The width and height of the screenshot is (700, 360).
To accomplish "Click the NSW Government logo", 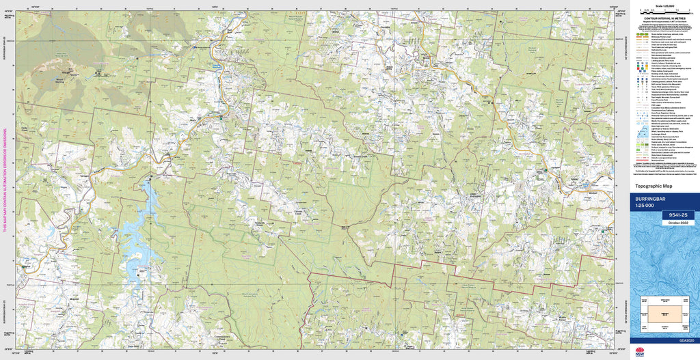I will [639, 351].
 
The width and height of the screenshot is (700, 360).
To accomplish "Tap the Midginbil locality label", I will [76, 299].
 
